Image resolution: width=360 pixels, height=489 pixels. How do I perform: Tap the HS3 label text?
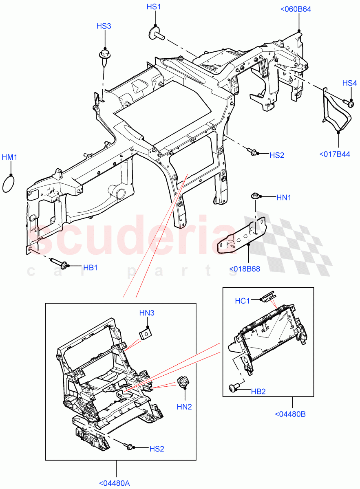104,26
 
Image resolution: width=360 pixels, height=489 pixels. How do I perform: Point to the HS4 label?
349,83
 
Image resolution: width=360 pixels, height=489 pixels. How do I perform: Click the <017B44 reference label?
335,154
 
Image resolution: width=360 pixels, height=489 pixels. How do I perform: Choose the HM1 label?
9,157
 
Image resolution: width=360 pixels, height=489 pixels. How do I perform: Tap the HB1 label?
90,268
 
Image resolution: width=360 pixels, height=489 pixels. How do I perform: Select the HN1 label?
283,198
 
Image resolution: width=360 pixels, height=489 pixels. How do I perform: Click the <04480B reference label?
290,414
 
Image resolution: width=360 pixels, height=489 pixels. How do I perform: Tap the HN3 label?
147,313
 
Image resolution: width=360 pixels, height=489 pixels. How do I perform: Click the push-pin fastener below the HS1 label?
157,33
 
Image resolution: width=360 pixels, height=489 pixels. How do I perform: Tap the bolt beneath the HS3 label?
104,56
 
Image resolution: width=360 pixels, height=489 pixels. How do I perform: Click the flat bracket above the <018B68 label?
241,236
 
